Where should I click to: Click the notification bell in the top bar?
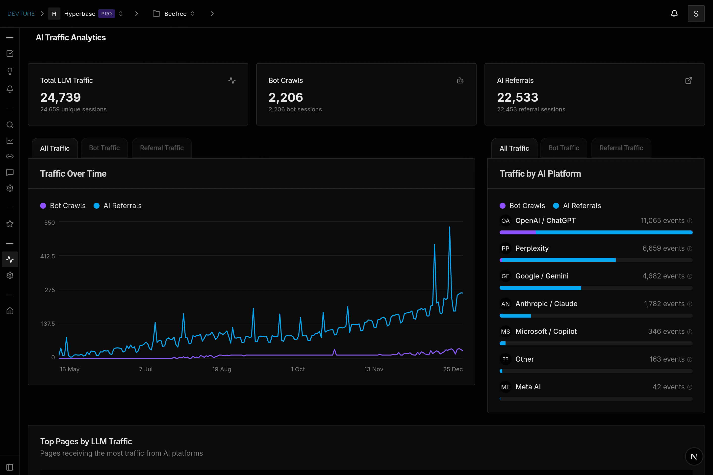(674, 14)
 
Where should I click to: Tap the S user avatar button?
(696, 14)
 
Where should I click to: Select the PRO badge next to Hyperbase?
(106, 14)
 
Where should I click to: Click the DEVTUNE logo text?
(21, 14)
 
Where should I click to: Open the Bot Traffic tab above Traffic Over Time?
(104, 148)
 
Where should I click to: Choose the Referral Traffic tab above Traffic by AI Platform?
(621, 148)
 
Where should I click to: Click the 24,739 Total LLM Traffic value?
(61, 97)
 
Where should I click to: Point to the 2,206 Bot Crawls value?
(285, 97)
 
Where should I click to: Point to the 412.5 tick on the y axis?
(48, 256)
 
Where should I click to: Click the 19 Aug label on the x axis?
(222, 369)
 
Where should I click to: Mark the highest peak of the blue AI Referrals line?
(449, 227)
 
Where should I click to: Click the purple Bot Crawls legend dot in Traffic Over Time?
(43, 206)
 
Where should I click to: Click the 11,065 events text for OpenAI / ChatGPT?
(662, 221)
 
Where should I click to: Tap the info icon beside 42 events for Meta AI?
(690, 387)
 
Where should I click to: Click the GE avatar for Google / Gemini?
(505, 276)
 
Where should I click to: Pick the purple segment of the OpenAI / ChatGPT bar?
(517, 232)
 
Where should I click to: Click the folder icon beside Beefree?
(156, 14)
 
